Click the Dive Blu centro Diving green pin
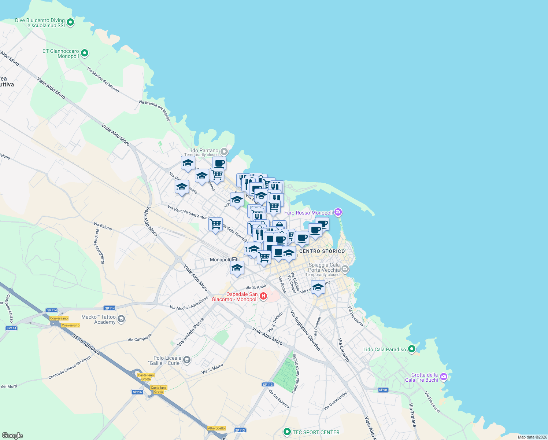click(x=70, y=22)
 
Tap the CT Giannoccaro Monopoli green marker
click(x=85, y=53)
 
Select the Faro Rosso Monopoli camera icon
click(x=338, y=212)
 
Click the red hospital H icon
click(x=263, y=296)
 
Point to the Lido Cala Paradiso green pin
click(x=412, y=349)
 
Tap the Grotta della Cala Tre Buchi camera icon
click(x=444, y=377)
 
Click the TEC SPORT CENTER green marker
click(x=287, y=432)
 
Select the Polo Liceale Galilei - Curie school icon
click(x=186, y=360)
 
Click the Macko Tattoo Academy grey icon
click(x=121, y=319)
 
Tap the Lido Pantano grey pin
click(x=224, y=151)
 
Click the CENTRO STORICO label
click(x=322, y=251)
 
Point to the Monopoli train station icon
click(x=234, y=260)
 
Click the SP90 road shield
click(x=383, y=390)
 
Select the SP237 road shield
click(x=137, y=392)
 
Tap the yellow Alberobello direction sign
click(x=216, y=428)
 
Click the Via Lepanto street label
click(x=344, y=350)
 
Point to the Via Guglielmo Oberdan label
click(x=306, y=330)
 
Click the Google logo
click(x=12, y=435)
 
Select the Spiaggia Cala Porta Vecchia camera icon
click(x=345, y=269)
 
